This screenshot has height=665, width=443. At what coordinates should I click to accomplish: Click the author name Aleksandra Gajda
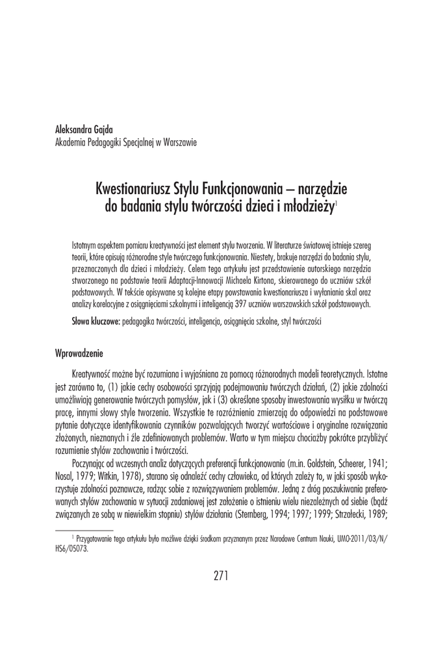tap(85, 130)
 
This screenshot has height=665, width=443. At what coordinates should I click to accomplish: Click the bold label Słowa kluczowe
tap(95, 322)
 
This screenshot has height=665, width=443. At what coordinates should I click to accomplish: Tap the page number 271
tap(221, 574)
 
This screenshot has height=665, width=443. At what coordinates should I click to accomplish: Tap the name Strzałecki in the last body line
tap(351, 515)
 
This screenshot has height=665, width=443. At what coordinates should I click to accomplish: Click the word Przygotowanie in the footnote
tap(97, 539)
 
